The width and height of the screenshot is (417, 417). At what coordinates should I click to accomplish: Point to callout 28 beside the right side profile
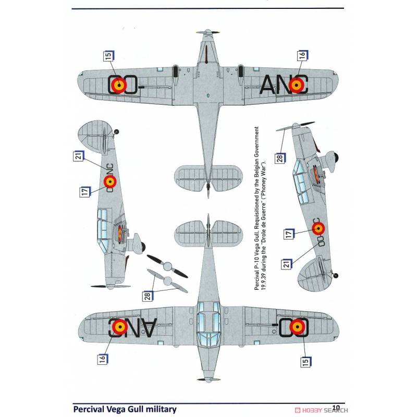[280, 158]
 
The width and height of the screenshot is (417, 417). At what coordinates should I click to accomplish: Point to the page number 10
[336, 407]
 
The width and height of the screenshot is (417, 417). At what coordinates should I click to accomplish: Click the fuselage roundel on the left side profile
[110, 181]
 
